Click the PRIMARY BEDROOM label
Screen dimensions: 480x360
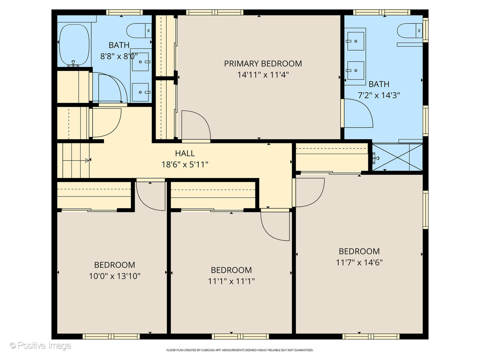pos(263,64)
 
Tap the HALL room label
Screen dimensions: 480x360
pos(185,153)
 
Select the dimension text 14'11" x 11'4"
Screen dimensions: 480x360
pos(263,75)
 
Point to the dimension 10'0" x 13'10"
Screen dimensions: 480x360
pos(114,276)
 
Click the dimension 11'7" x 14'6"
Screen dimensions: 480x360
pos(359,262)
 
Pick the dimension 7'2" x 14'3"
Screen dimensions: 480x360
pos(379,95)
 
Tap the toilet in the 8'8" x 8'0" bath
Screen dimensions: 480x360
pos(139,31)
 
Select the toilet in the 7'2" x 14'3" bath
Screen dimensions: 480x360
pos(410,31)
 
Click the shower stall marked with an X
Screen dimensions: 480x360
pos(397,157)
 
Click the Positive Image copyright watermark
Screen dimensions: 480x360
pos(40,346)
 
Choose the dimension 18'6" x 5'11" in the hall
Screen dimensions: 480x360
pos(185,164)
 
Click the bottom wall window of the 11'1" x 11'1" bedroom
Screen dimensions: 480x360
pos(240,336)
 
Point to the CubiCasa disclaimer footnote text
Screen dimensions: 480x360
pos(240,350)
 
